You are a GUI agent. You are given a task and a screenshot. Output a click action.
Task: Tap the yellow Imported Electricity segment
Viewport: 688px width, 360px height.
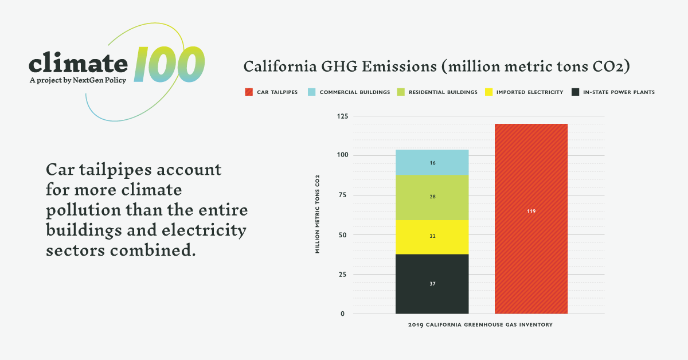432,237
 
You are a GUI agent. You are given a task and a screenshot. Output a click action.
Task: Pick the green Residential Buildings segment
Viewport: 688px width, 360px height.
432,197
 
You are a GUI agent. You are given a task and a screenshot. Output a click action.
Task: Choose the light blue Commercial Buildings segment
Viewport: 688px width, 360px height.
432,163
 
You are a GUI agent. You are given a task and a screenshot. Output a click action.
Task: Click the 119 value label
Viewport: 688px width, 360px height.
531,212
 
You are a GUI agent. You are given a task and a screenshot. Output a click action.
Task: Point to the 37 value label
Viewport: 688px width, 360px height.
432,284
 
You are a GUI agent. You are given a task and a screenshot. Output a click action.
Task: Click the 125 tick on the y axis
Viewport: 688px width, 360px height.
342,116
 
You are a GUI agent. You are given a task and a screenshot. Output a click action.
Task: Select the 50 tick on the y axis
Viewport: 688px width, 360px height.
343,235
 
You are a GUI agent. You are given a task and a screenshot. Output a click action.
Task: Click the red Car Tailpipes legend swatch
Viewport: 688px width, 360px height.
248,92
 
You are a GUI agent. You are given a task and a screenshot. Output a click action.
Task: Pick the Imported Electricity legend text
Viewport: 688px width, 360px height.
529,92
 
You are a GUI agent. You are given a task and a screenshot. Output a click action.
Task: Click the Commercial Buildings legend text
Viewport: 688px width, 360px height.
354,92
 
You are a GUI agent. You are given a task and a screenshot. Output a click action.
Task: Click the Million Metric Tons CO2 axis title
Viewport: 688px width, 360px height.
317,214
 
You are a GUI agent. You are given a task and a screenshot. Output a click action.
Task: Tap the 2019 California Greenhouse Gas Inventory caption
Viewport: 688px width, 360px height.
480,326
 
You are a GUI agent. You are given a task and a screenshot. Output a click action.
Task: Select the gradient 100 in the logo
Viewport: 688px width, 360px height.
170,64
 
